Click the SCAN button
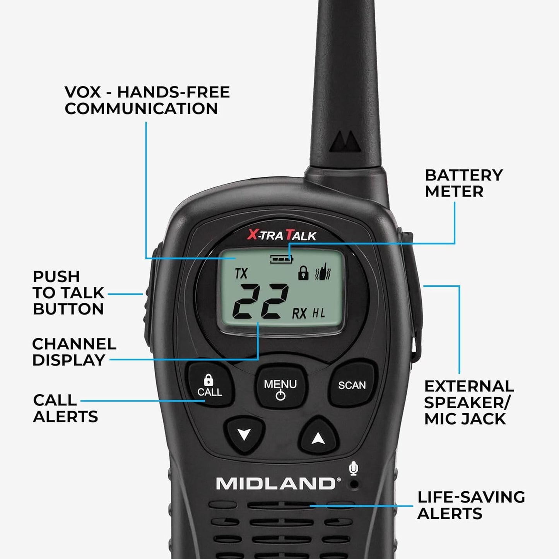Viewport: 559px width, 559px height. (x=352, y=385)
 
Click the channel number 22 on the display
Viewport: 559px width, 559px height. (x=260, y=301)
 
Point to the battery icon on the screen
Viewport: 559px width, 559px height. (x=282, y=259)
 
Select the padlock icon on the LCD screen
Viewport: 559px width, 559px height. (x=303, y=274)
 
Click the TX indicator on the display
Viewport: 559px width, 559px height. (x=241, y=274)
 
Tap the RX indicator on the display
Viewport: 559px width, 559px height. (x=299, y=313)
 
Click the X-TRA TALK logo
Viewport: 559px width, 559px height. (x=282, y=235)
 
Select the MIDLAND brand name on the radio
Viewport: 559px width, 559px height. (x=275, y=484)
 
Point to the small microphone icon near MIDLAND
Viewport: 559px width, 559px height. (x=353, y=469)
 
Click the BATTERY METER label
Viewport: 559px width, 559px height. (x=463, y=183)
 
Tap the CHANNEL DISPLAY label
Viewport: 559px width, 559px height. (x=74, y=352)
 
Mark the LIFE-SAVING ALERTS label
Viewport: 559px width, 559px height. (x=471, y=505)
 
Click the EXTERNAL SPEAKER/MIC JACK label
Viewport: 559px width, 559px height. (x=469, y=402)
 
